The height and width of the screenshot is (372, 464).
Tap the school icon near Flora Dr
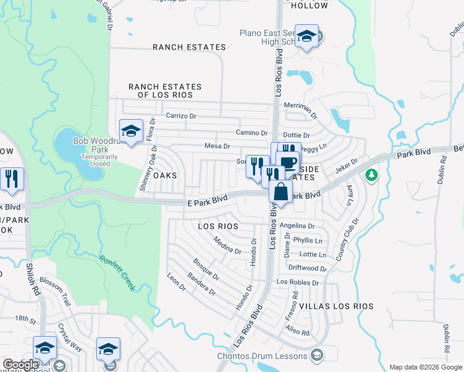tap(131, 131)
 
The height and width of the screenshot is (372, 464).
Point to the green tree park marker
tap(372, 175)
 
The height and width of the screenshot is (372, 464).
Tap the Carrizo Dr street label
tap(181, 116)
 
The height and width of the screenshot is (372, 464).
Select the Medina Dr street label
tap(227, 246)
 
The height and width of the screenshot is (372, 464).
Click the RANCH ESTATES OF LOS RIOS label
tap(164, 91)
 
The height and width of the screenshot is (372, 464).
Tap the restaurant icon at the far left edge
tap(12, 179)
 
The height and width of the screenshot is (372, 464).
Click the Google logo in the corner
tap(20, 365)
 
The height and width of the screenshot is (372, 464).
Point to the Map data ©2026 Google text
tap(425, 367)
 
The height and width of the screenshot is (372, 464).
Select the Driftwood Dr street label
tap(307, 268)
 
